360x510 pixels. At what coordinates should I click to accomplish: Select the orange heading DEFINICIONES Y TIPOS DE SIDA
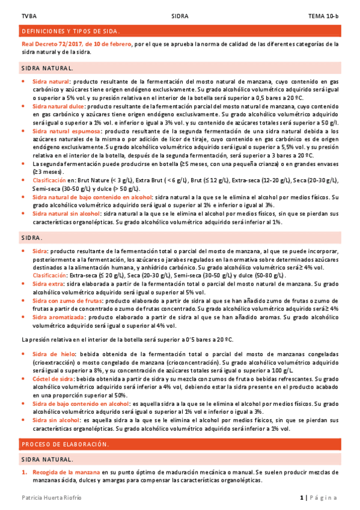[71, 31]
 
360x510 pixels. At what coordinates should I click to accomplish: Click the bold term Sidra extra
[48, 283]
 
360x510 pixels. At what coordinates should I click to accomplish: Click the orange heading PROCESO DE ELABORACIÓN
[65, 444]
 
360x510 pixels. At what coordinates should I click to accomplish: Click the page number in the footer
[302, 498]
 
